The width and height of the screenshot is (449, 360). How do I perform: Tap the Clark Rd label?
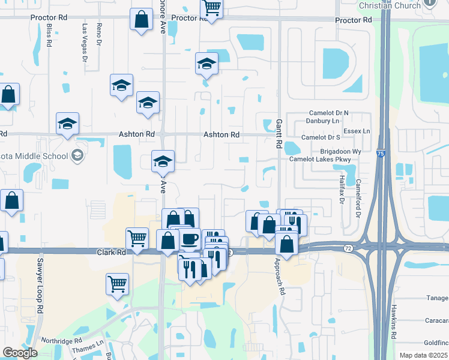coord(112,253)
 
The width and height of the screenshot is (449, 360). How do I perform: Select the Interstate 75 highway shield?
coord(381,155)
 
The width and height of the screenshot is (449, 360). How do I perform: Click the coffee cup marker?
coord(189,239)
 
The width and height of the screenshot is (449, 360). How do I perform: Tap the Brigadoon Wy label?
coord(340,152)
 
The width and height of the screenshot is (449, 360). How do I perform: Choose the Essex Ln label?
coord(357,131)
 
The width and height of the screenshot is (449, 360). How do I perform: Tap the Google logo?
coord(20,353)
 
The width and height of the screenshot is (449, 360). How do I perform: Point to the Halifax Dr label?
coord(340,187)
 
